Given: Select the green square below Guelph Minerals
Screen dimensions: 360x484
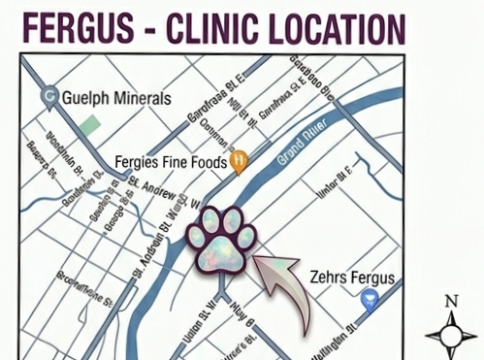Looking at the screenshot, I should [91, 126].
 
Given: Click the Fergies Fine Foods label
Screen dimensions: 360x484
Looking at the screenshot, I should [170, 162].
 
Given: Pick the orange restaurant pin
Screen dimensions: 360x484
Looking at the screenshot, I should [238, 161].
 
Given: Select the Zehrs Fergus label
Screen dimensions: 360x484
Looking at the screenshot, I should [354, 279].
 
